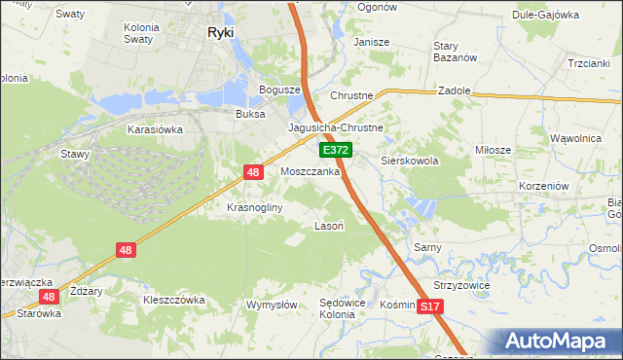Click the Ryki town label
coord(220,31)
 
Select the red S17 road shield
coord(431,306)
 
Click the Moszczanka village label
coord(310,171)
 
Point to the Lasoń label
coord(326,225)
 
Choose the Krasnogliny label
coord(254,207)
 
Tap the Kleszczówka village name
coord(174,300)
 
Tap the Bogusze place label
coord(277,90)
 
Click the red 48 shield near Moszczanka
coord(253,172)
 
